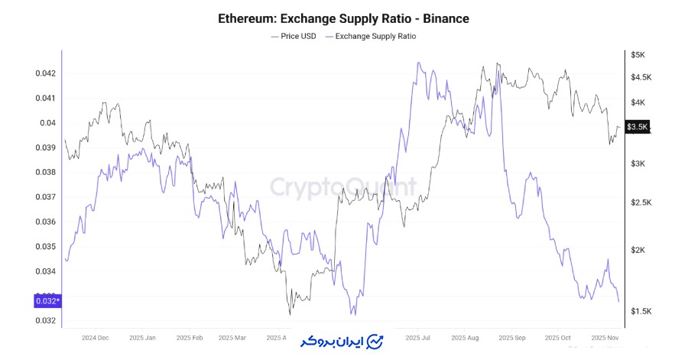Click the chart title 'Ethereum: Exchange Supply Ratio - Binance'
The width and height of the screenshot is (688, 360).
click(343, 18)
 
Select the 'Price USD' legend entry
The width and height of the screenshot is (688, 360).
click(294, 36)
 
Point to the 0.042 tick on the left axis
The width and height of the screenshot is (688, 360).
click(45, 73)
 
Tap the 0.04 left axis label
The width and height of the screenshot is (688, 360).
click(48, 123)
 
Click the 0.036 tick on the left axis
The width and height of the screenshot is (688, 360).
click(45, 222)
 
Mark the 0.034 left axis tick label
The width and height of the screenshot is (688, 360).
click(45, 271)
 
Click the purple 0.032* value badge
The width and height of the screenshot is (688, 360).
click(47, 301)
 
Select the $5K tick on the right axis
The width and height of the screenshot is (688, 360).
click(638, 55)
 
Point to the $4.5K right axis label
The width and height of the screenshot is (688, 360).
click(641, 77)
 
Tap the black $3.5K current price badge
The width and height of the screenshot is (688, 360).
click(637, 127)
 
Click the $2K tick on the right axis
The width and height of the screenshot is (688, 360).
click(638, 250)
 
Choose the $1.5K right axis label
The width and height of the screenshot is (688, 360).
click(641, 311)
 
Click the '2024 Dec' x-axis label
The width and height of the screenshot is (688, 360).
click(96, 337)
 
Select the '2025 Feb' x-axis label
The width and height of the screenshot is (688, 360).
click(188, 337)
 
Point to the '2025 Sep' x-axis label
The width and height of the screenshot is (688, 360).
click(511, 337)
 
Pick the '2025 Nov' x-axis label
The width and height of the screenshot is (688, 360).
click(604, 337)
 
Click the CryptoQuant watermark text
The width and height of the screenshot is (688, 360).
click(345, 186)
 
